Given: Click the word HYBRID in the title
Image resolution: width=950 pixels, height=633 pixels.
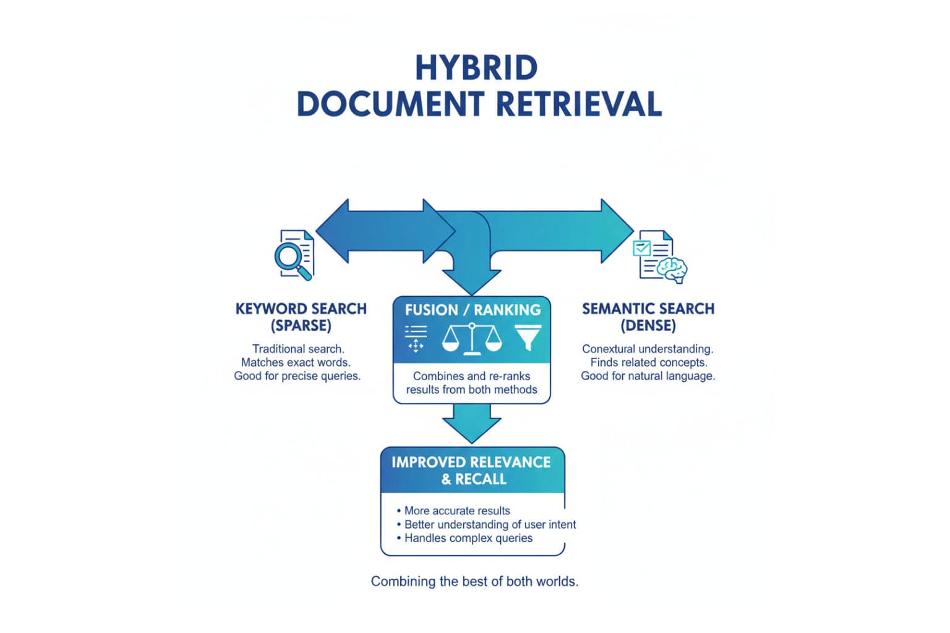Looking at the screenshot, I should coord(476,68).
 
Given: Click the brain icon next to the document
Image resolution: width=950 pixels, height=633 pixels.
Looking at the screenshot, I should coord(672,269).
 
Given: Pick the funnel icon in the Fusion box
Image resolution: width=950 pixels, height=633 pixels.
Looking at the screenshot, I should coord(528,338).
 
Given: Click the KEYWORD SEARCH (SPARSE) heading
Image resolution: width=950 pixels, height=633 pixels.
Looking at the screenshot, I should coord(301,316).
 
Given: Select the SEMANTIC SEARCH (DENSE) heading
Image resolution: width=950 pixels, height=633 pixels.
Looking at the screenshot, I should coord(648,316).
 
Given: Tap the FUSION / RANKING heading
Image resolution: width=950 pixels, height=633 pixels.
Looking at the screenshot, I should coord(473,310).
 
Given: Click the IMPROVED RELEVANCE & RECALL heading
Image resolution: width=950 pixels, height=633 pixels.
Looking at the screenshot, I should coord(471,470).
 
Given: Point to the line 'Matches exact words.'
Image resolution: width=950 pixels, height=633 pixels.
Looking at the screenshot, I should coord(296,362).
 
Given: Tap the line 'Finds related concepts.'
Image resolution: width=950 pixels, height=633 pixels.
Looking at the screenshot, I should coord(648,362).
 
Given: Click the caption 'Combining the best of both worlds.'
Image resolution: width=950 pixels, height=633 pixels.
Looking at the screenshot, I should coord(474,581).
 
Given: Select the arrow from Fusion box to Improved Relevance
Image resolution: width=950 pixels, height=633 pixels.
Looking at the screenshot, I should coord(471,423).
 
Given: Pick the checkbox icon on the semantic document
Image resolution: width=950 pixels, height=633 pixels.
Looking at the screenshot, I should coord(642,248).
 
